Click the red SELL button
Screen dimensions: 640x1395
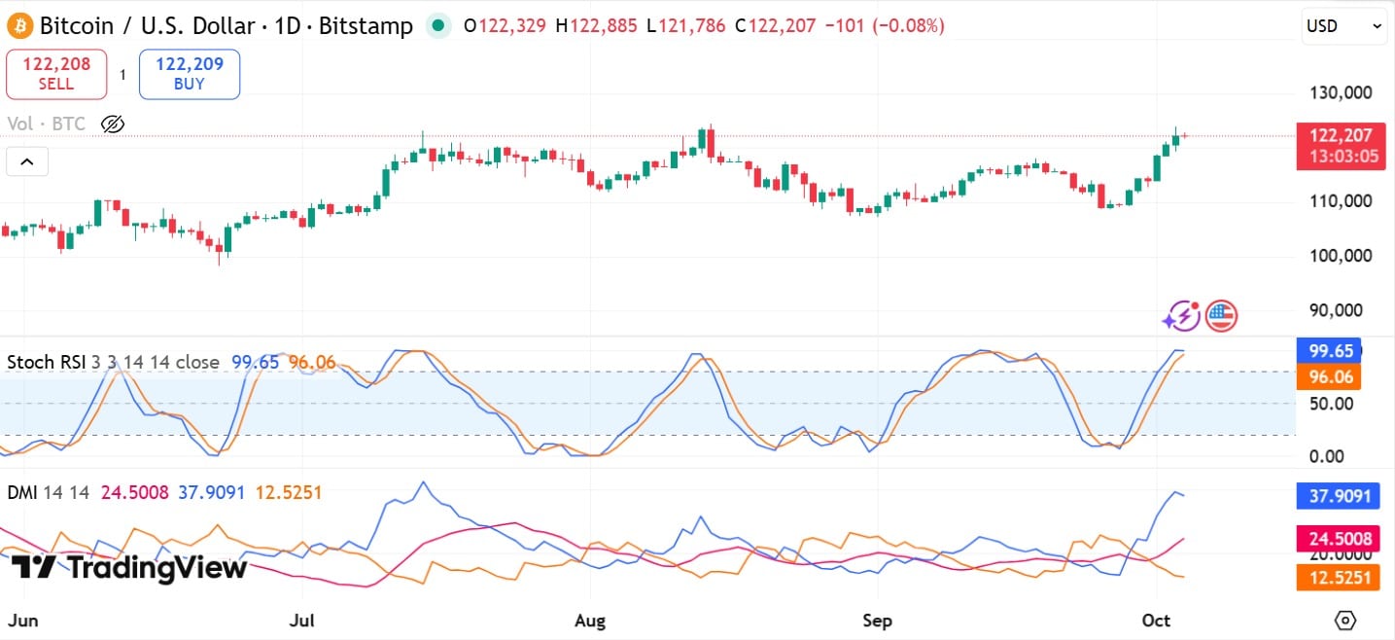click(56, 74)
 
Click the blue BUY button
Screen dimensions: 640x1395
click(190, 74)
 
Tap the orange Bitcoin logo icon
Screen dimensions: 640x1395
click(20, 25)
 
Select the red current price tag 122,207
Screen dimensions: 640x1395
click(1341, 146)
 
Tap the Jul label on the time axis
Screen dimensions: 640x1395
click(301, 620)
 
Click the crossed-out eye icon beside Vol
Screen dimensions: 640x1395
click(113, 124)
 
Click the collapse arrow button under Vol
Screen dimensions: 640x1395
click(27, 161)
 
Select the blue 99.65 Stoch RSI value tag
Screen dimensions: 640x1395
click(1328, 351)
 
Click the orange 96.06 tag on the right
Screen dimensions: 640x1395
click(1328, 376)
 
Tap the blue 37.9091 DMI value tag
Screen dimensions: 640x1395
click(1339, 497)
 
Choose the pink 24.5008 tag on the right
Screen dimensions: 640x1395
click(1339, 538)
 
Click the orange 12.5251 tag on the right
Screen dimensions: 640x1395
click(1339, 578)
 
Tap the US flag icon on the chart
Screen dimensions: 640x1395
click(1221, 316)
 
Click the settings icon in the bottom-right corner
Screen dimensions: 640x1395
click(1345, 620)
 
